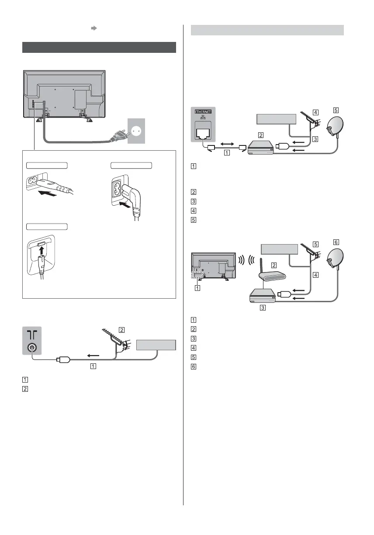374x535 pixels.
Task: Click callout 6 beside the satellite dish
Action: pos(336,242)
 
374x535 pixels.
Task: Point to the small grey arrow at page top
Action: pos(93,28)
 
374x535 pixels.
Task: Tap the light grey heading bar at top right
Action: pos(268,30)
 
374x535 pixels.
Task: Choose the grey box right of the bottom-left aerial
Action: pos(156,344)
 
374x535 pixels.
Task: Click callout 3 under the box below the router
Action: pos(263,307)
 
